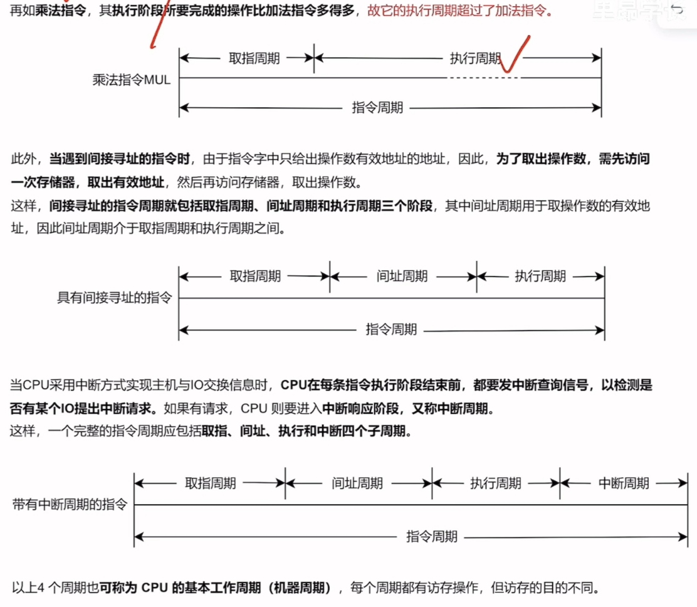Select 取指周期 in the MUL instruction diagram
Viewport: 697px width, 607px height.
click(254, 58)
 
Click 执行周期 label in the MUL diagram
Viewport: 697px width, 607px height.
click(475, 58)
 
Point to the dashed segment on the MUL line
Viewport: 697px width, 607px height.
click(483, 78)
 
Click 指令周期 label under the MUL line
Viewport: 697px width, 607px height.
click(377, 108)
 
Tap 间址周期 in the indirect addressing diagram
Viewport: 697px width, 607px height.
click(402, 276)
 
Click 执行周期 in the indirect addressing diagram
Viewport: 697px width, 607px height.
click(540, 276)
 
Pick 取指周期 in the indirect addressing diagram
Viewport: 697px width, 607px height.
click(254, 276)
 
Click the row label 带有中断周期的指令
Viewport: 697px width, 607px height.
click(70, 505)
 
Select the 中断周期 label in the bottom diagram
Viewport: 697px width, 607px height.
click(623, 483)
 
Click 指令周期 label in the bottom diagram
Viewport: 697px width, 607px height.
click(432, 536)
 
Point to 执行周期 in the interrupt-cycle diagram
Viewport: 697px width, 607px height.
click(495, 483)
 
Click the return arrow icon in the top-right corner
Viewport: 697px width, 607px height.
click(677, 9)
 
